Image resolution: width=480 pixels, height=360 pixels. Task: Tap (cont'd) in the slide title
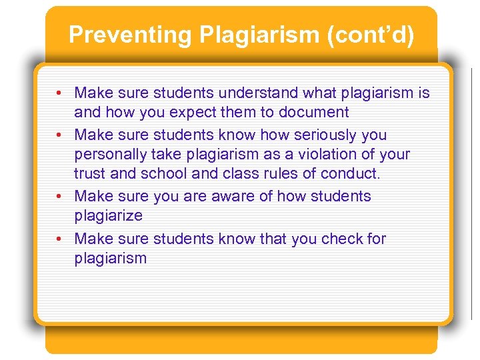pos(370,35)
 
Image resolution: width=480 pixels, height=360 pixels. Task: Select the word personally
pos(112,155)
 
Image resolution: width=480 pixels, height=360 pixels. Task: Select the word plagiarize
pos(108,216)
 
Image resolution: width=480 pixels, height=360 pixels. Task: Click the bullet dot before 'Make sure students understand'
pos(60,93)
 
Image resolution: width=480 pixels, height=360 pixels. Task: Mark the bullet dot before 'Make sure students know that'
pos(60,239)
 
